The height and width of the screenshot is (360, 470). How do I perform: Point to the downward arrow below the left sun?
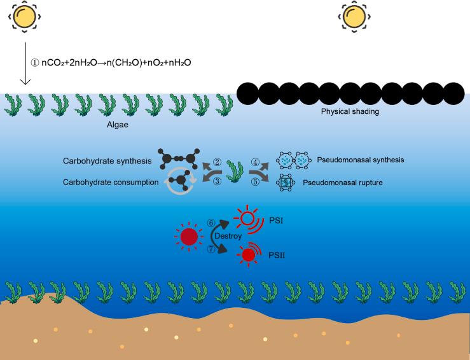click(25, 64)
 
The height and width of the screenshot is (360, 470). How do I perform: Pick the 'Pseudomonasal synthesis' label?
click(360, 160)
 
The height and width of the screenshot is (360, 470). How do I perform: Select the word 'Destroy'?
click(228, 235)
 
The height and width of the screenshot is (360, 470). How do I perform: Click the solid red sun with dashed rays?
click(188, 237)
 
